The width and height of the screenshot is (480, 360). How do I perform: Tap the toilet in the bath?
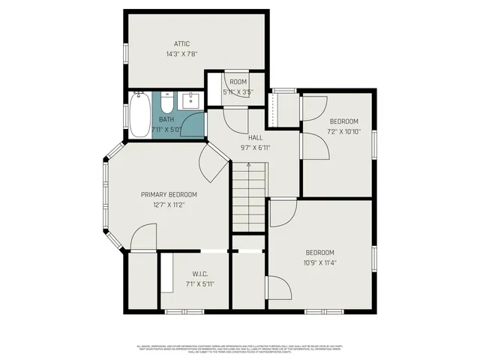pos(166,101)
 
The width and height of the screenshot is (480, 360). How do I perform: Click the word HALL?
pos(255,138)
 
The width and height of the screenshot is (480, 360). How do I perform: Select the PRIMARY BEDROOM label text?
pos(169,194)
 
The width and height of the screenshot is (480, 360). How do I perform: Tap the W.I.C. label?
pos(199,273)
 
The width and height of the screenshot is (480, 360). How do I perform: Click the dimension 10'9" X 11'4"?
pos(320,262)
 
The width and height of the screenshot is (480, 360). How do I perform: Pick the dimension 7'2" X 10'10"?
pos(344,131)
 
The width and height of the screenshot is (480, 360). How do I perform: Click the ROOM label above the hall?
pos(238,82)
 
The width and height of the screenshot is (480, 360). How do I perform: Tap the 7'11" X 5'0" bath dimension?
pos(166,130)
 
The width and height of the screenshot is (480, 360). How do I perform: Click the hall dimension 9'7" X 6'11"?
pos(255,148)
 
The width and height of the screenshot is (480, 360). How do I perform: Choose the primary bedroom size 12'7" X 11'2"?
pos(169,204)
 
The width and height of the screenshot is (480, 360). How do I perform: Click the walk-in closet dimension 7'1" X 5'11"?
pos(199,283)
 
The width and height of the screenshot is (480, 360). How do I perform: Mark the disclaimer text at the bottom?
pos(240,349)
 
